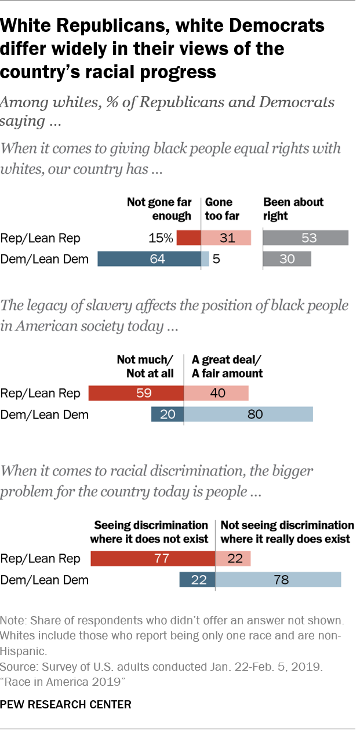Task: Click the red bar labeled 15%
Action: click(x=188, y=238)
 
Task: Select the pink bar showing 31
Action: click(x=226, y=238)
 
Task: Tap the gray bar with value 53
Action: click(x=306, y=238)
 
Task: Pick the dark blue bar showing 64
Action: click(x=149, y=259)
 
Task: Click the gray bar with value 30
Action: click(x=287, y=259)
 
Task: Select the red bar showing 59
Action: click(x=136, y=393)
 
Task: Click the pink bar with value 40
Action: click(x=216, y=393)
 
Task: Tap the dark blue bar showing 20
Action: click(x=167, y=414)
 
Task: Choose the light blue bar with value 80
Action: click(x=248, y=414)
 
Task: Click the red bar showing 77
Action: click(x=152, y=558)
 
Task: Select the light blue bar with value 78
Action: click(x=278, y=579)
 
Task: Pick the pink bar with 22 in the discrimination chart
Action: click(x=233, y=558)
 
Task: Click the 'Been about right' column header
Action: click(x=293, y=209)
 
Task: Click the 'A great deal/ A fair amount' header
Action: click(x=227, y=366)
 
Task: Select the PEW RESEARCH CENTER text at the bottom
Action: click(x=66, y=705)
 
